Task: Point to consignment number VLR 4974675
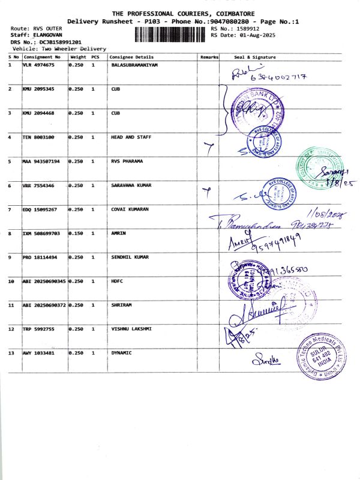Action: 38,64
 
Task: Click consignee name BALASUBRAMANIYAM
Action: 134,64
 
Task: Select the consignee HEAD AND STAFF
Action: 131,137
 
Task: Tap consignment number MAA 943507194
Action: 41,161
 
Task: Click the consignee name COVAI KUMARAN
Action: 130,209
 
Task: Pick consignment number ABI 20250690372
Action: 44,305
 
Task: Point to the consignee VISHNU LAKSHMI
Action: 131,329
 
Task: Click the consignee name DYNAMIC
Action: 121,353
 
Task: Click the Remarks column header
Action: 209,56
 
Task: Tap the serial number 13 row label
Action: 11,353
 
